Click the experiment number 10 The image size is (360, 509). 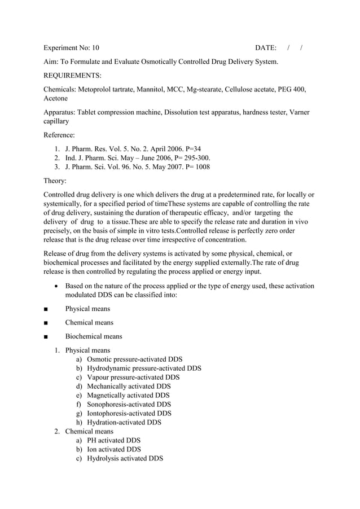(x=94, y=47)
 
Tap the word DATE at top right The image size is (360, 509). (x=266, y=47)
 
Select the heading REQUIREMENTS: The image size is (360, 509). (x=72, y=75)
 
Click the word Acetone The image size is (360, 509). (x=56, y=98)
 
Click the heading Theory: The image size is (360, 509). (x=55, y=181)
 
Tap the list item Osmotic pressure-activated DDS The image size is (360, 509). (x=134, y=359)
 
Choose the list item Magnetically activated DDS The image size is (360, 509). (x=128, y=396)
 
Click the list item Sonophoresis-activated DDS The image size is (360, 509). (x=129, y=405)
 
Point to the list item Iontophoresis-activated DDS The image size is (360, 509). (x=129, y=414)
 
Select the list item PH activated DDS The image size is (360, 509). (x=113, y=441)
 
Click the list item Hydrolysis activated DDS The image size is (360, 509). (x=125, y=459)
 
